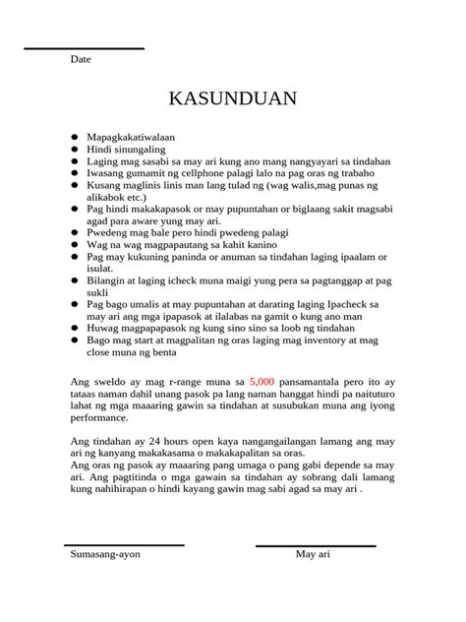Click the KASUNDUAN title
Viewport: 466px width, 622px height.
pyautogui.click(x=232, y=100)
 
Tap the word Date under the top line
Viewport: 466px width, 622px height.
pyautogui.click(x=81, y=60)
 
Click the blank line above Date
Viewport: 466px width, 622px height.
pyautogui.click(x=84, y=48)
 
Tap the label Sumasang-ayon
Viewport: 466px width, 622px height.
pyautogui.click(x=105, y=555)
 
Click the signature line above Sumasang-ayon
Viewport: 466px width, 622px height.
pyautogui.click(x=124, y=544)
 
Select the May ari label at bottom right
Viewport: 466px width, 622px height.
pyautogui.click(x=313, y=555)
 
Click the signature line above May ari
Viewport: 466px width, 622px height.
pyautogui.click(x=316, y=544)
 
